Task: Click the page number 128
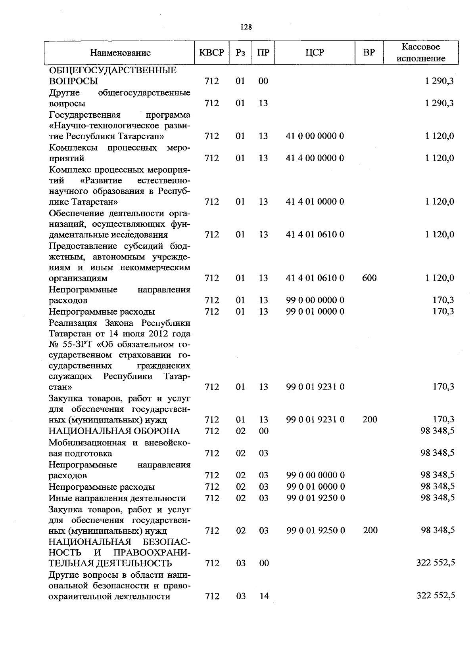coord(246,27)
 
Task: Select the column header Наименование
coord(120,53)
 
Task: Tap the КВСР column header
coord(212,52)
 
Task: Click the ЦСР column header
coord(315,52)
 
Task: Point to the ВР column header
coord(369,52)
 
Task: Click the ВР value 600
coord(369,278)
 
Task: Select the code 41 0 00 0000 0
coord(315,136)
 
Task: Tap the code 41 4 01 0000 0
coord(315,202)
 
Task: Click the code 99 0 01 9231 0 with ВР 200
coord(315,420)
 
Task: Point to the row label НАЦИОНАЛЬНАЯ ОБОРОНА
coord(114,431)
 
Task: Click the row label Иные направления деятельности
coord(117,498)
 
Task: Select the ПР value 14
coord(264,596)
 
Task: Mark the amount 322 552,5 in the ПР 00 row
coord(436,563)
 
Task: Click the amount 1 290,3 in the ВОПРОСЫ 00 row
coord(439,81)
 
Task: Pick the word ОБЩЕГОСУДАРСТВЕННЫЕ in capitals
coord(113,71)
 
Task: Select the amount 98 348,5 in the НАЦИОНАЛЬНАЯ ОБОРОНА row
coord(438,431)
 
